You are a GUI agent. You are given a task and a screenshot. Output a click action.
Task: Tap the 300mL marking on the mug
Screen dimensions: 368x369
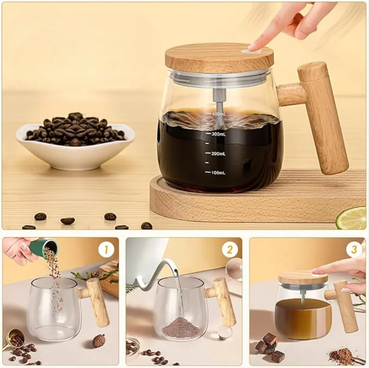pyautogui.click(x=217, y=133)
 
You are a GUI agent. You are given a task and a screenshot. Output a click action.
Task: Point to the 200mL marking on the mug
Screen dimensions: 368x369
pyautogui.click(x=217, y=154)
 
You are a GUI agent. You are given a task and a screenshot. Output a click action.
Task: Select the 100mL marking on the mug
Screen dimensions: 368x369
pyautogui.click(x=217, y=173)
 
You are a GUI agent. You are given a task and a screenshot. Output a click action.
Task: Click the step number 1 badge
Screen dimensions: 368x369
pyautogui.click(x=106, y=250)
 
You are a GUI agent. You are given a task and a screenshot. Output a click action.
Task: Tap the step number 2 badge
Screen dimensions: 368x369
pyautogui.click(x=230, y=250)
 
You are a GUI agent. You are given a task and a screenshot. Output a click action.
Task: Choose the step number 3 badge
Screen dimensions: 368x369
pyautogui.click(x=354, y=250)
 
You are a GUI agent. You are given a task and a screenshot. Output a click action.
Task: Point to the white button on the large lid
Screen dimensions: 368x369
pyautogui.click(x=251, y=51)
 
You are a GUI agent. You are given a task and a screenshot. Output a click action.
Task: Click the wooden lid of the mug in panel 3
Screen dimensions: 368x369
pyautogui.click(x=302, y=278)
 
